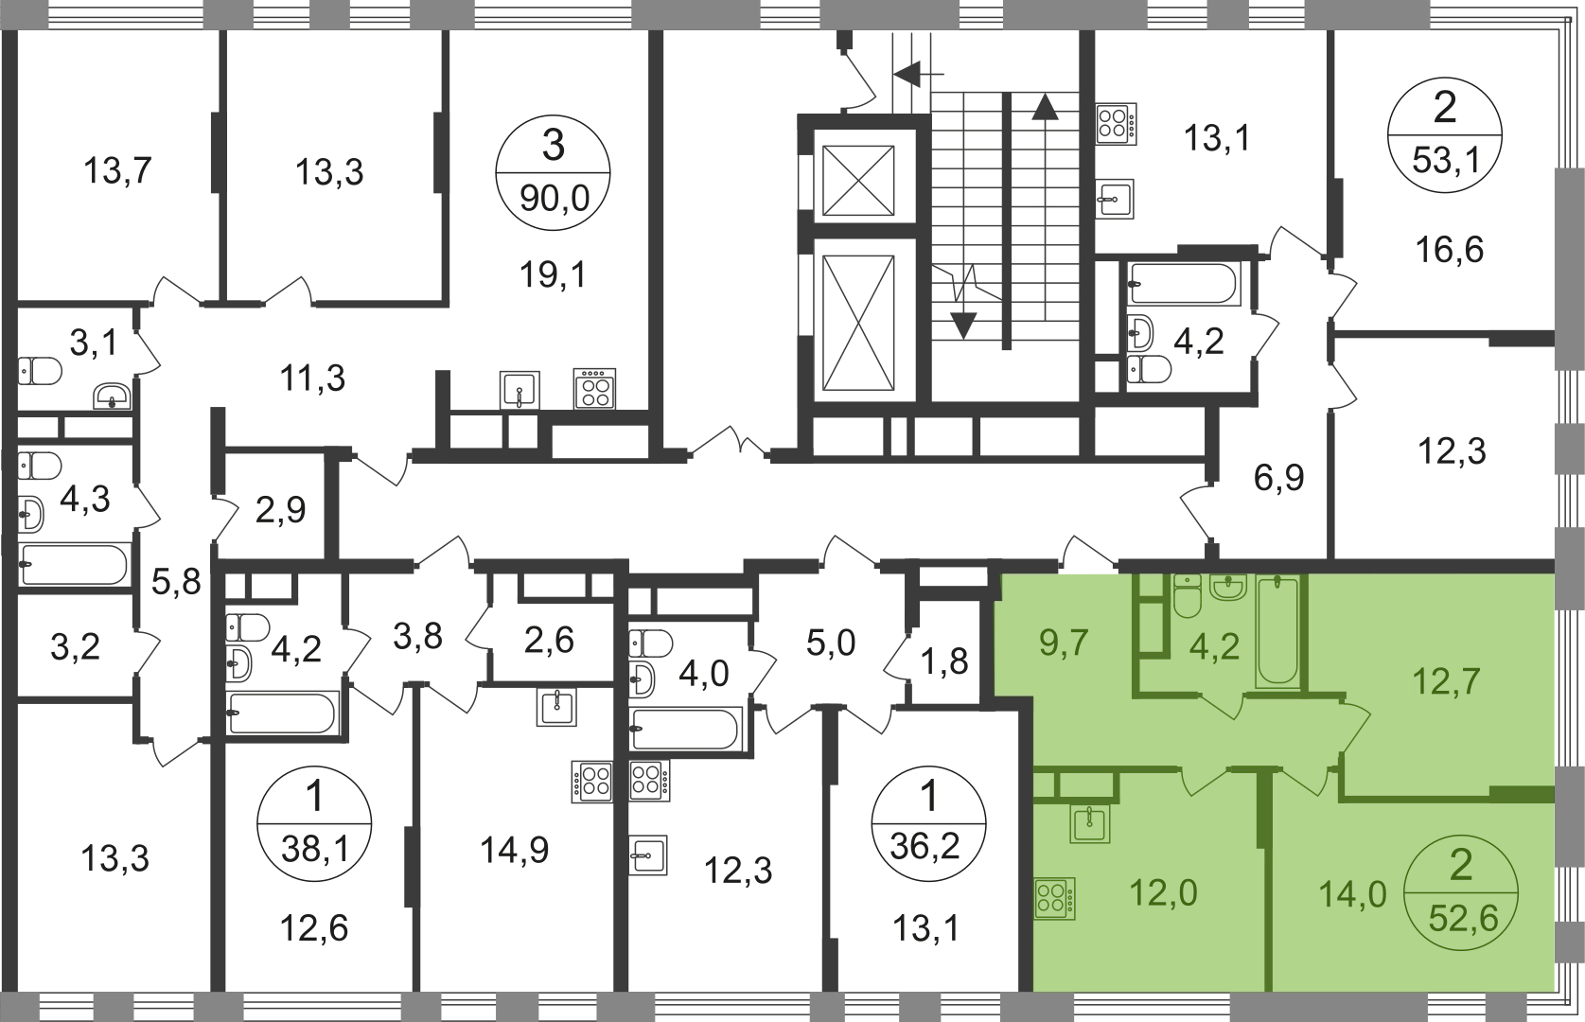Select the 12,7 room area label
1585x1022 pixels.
tap(1446, 680)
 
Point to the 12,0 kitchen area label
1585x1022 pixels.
tap(1163, 892)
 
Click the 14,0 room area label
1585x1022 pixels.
tap(1353, 892)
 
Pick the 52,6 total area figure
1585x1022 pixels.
tap(1463, 918)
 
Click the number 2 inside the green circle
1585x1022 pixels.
tap(1462, 866)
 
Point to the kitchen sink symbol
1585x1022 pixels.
tap(1090, 823)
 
